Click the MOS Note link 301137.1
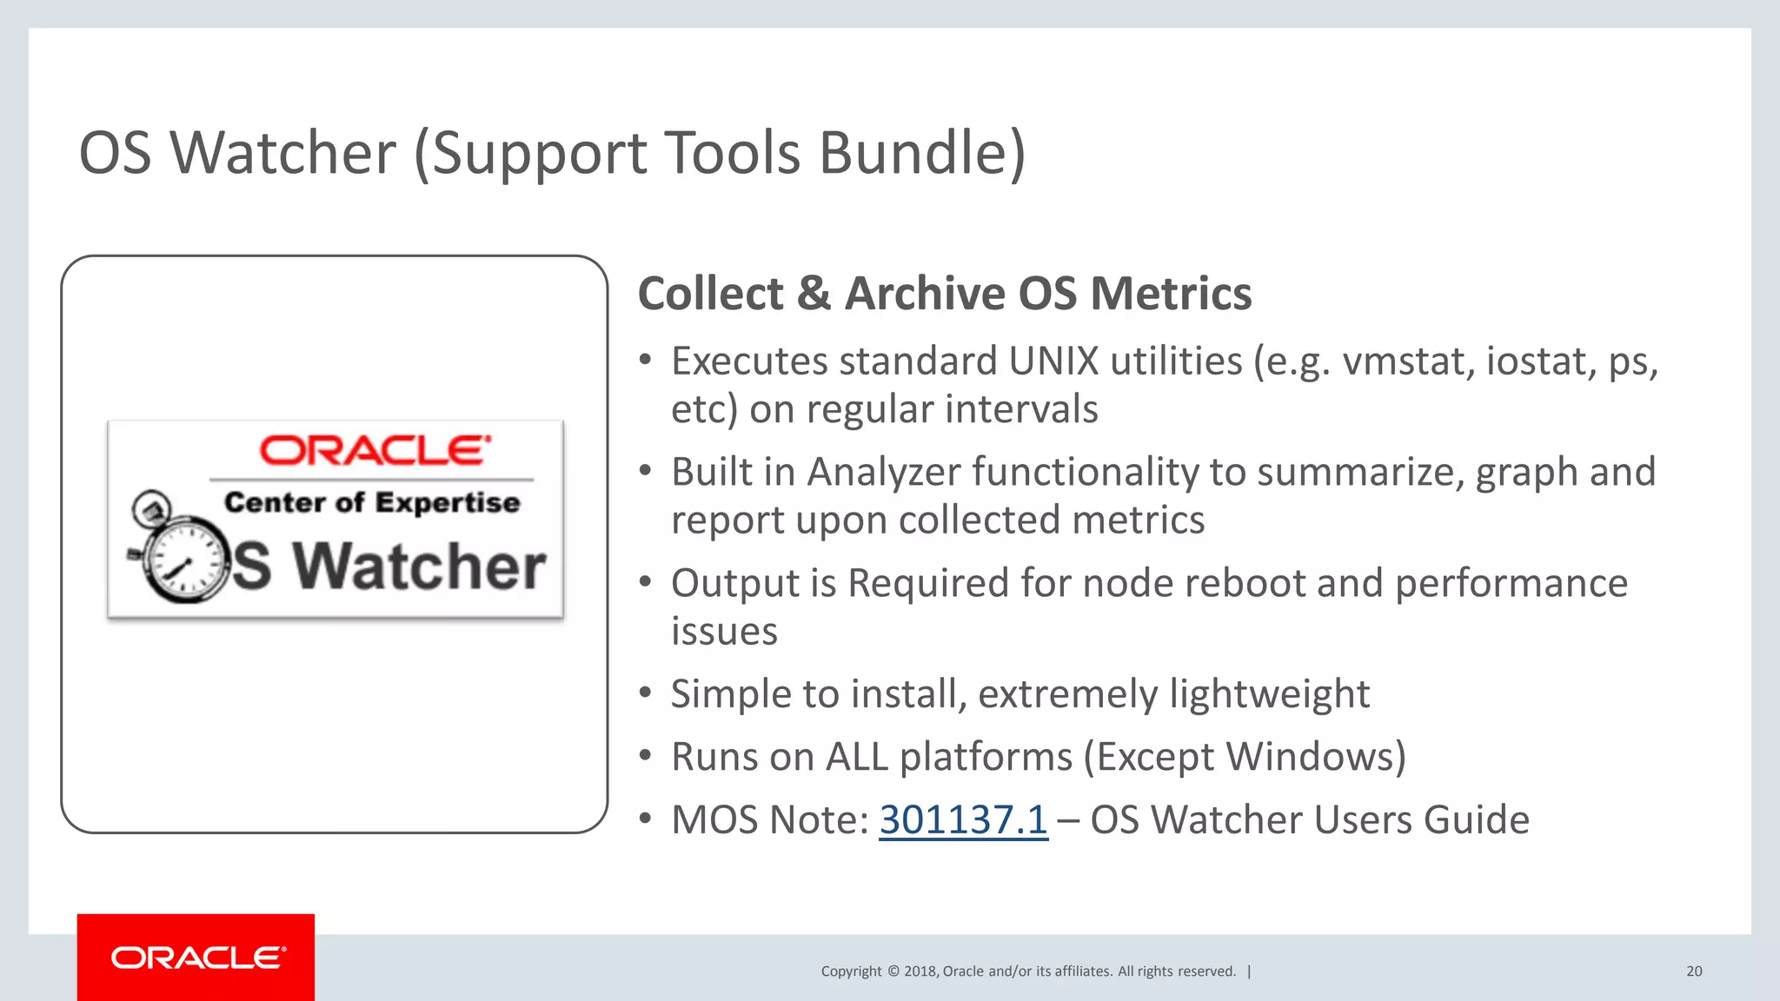963,819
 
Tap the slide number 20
1694,971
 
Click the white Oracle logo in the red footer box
197,958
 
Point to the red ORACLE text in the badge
375,450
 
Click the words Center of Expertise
372,502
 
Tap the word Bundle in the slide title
921,153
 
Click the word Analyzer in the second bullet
883,472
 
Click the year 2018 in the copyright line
920,971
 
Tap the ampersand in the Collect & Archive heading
814,294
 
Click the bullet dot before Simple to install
645,693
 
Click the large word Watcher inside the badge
419,567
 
